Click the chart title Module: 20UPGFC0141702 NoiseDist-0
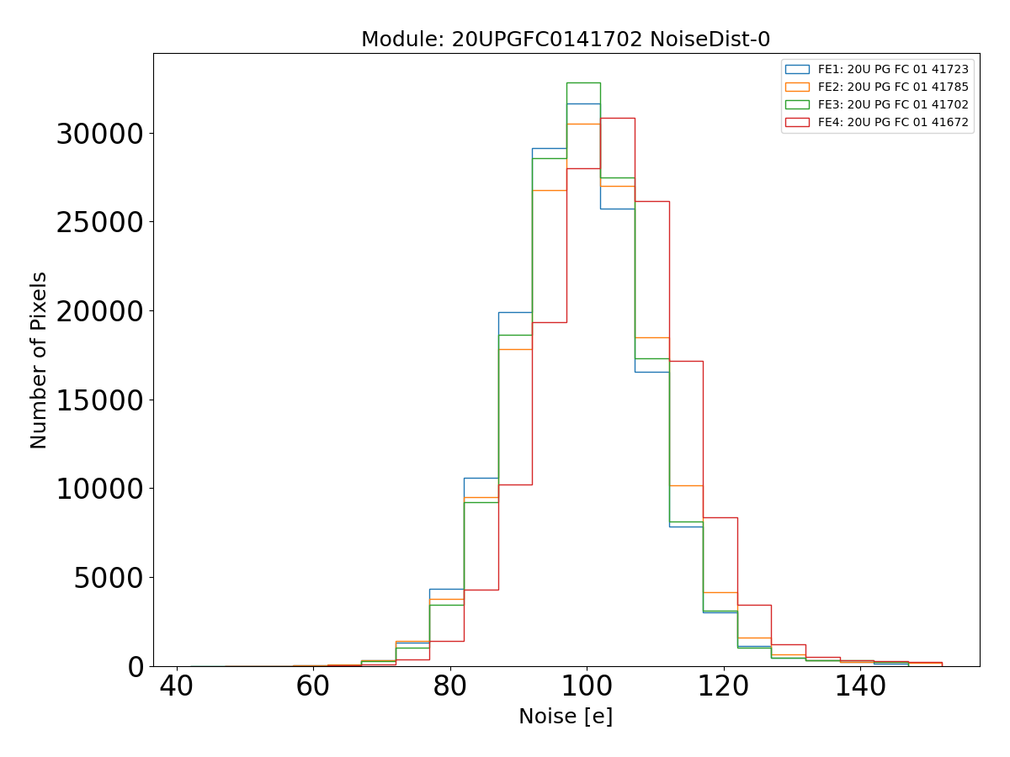tap(566, 40)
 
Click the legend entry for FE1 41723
tap(893, 69)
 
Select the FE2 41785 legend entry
tap(893, 87)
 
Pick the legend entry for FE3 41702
tap(893, 104)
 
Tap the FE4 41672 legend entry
tap(893, 122)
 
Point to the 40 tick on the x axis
tap(177, 687)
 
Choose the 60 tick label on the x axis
tap(313, 687)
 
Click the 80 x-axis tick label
tap(450, 687)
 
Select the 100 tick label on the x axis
tap(587, 687)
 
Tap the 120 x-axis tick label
tap(724, 687)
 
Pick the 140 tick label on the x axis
tap(860, 687)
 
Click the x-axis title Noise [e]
tap(566, 717)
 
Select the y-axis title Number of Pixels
tap(40, 360)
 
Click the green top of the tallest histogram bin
tap(583, 82)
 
